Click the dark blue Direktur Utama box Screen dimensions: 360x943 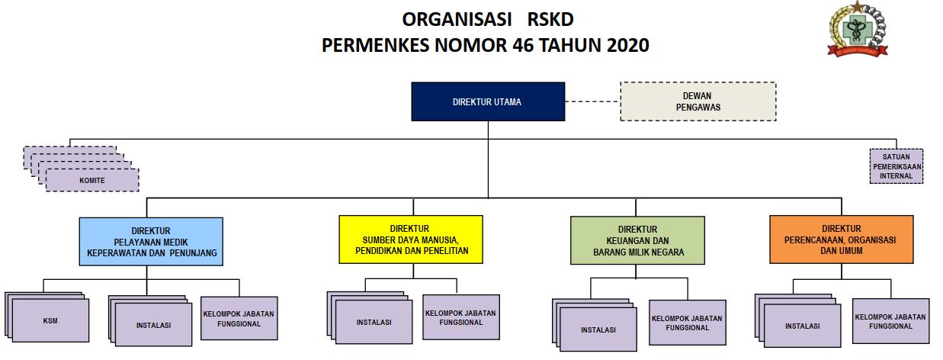487,101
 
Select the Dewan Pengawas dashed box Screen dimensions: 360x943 698,101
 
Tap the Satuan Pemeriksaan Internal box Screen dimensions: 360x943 896,166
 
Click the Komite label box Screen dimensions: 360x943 92,180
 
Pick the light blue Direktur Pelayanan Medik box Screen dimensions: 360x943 151,241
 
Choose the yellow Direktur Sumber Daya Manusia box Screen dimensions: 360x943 410,239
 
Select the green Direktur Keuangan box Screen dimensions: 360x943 637,240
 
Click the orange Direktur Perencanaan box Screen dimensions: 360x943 841,239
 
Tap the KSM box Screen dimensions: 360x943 50,321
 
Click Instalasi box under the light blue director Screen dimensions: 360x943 153,325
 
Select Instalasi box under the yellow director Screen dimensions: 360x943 374,323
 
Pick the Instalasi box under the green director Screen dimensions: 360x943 598,330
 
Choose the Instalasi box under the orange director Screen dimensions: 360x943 802,326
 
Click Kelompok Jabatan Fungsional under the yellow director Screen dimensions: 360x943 460,317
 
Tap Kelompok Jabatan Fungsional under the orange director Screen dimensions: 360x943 890,321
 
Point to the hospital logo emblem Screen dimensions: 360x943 859,31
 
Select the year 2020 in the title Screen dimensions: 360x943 628,45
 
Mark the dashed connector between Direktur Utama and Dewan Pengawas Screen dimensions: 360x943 592,101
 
